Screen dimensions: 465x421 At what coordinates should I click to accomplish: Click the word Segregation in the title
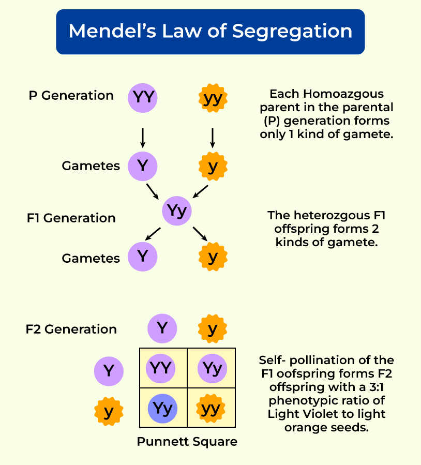[292, 31]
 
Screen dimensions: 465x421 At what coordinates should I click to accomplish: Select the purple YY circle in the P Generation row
[143, 97]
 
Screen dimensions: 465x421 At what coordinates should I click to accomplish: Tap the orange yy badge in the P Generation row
[213, 98]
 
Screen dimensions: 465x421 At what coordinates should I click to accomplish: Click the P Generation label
[71, 96]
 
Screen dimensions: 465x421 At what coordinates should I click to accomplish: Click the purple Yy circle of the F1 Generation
[177, 211]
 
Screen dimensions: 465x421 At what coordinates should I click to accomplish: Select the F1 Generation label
[71, 218]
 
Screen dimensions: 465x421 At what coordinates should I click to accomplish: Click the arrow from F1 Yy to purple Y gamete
[153, 234]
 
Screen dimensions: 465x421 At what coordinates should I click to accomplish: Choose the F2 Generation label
[71, 329]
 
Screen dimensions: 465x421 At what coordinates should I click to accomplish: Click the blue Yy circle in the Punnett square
[162, 409]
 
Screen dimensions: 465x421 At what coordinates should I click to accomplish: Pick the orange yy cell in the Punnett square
[211, 409]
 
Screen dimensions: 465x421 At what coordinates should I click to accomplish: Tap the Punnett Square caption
[187, 442]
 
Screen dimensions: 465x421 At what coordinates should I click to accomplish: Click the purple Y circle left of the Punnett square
[109, 371]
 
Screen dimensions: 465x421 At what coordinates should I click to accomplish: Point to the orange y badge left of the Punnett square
[109, 412]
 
